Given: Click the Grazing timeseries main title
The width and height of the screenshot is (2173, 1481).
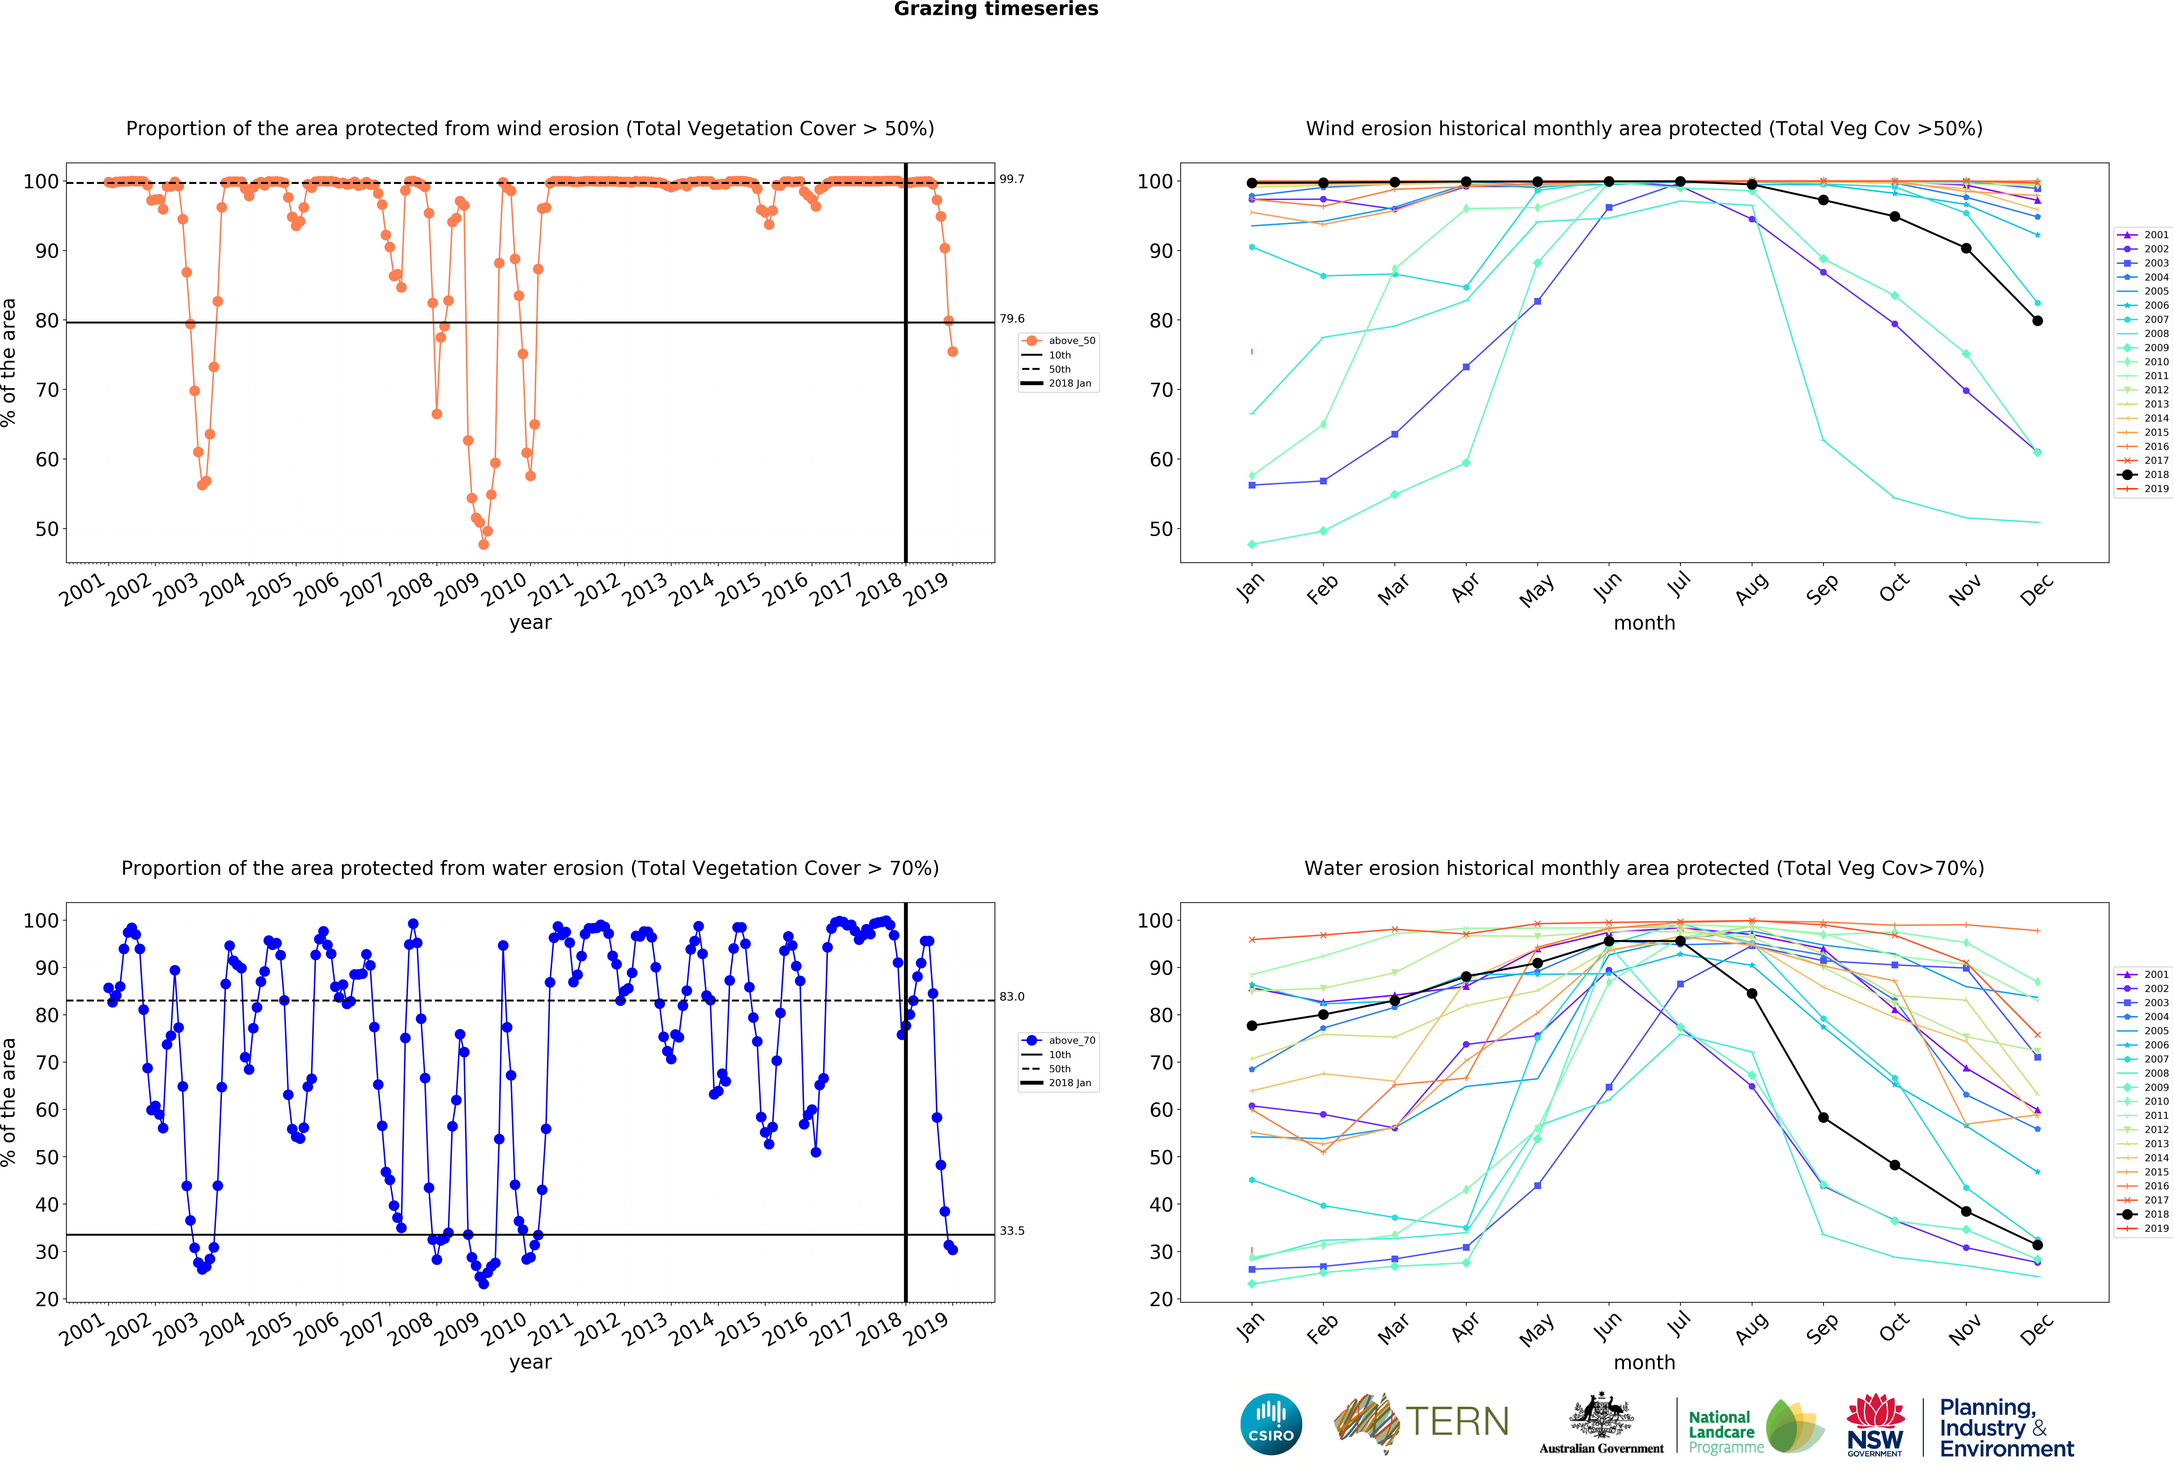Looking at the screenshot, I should coord(996,9).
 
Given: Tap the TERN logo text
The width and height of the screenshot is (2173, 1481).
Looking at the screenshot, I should coord(1457,1422).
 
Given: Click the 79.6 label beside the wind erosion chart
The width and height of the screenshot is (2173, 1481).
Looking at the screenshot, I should coord(1012,319).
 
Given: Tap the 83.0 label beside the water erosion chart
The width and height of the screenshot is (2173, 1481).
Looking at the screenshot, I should coord(1012,997).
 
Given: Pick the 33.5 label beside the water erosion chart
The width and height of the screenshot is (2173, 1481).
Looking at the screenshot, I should coord(1012,1230).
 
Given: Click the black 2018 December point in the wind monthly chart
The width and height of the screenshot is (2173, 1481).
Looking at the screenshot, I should coord(2037,321).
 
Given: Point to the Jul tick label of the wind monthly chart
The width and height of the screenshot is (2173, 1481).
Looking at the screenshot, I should coord(1679,585).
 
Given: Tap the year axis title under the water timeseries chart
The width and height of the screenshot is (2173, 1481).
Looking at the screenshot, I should coord(530,1362).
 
